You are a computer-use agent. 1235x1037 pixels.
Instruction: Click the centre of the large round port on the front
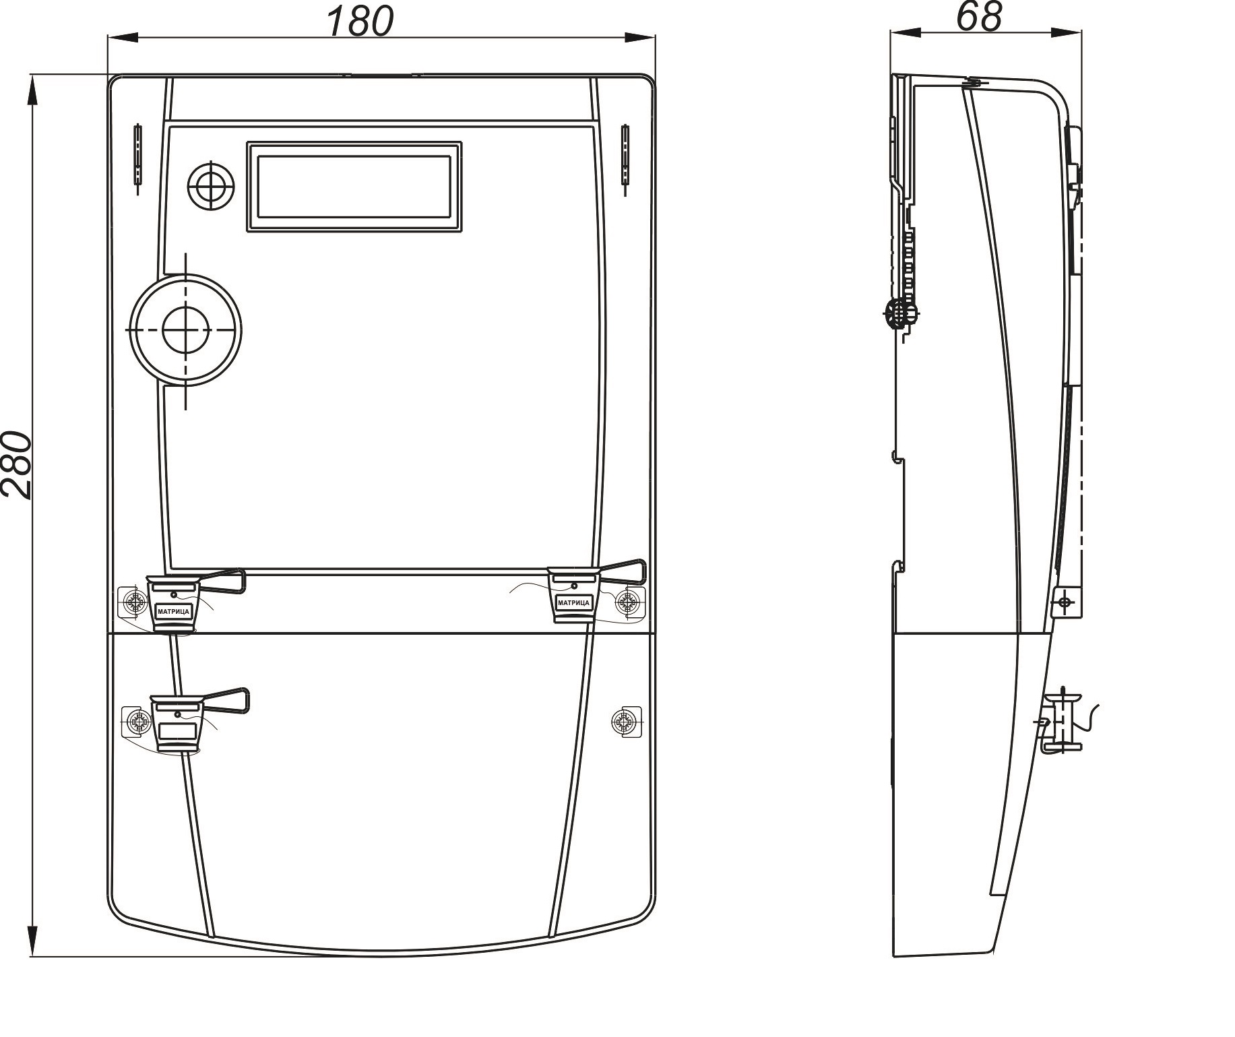(x=185, y=329)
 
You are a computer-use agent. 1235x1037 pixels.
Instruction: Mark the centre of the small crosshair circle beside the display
(x=211, y=185)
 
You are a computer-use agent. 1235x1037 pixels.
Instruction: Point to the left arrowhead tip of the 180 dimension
(x=108, y=36)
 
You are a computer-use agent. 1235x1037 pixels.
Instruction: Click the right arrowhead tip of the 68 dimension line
(x=1082, y=32)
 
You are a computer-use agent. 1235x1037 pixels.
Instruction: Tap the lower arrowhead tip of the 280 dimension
(x=32, y=956)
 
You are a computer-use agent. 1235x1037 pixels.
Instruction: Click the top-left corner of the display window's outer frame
(x=247, y=142)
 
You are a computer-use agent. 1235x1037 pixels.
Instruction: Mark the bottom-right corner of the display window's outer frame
(x=462, y=232)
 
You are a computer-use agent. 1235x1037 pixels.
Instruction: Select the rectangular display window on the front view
(x=354, y=187)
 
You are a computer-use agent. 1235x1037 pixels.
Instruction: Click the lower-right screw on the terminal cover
(x=625, y=722)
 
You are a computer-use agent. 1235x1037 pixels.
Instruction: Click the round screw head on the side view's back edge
(x=900, y=312)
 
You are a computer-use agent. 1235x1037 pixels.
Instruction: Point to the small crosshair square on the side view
(x=1065, y=601)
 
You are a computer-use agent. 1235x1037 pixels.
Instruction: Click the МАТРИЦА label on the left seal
(x=174, y=611)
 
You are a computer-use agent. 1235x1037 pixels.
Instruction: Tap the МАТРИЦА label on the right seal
(x=573, y=602)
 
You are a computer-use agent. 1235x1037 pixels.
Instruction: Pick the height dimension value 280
(x=17, y=465)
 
